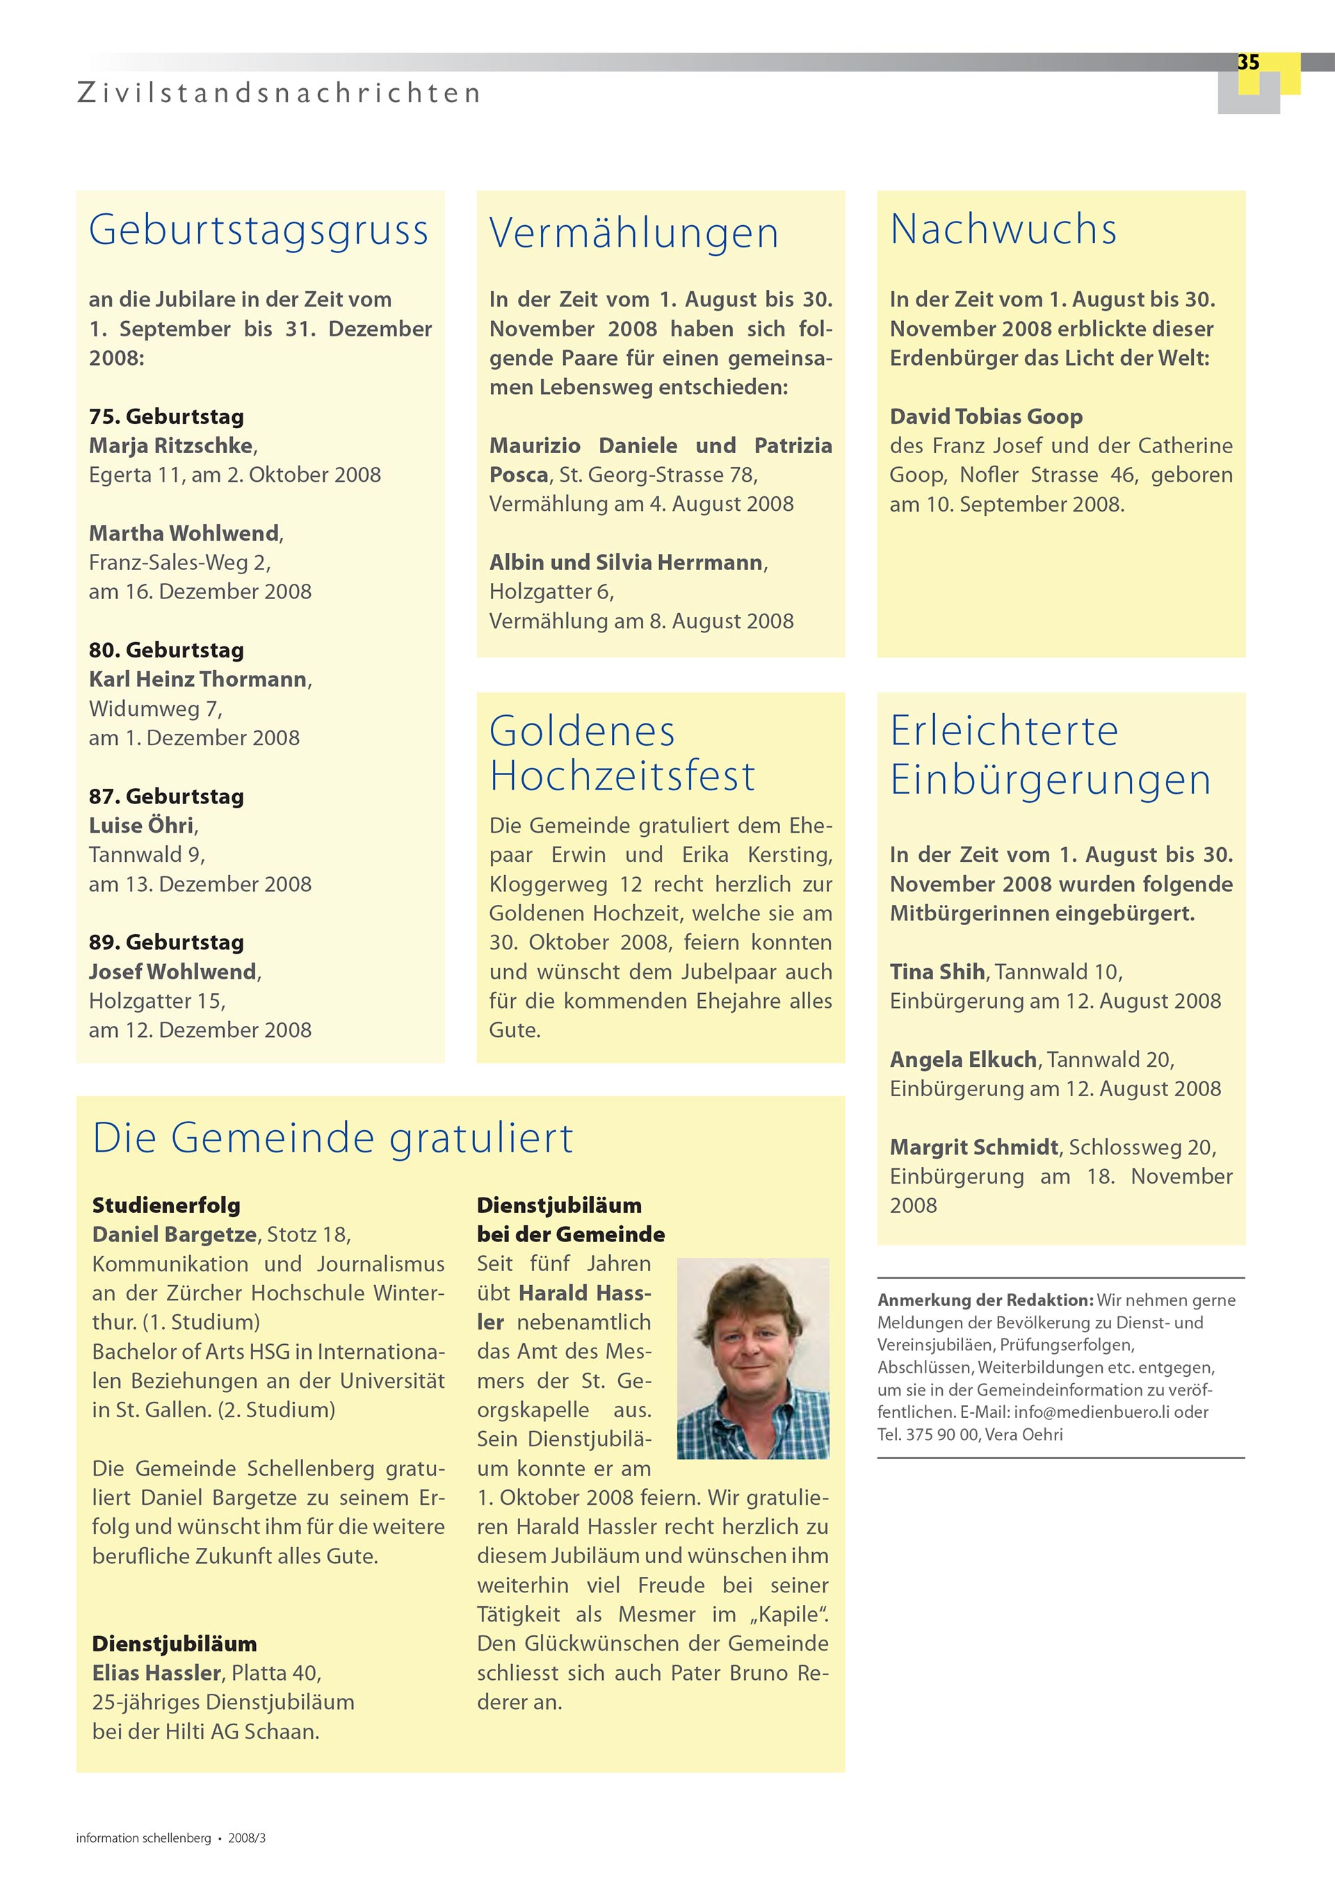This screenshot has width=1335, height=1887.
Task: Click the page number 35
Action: coord(1248,63)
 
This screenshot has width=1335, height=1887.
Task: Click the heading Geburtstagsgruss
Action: coord(258,229)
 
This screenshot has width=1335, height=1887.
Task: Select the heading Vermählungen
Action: coord(633,233)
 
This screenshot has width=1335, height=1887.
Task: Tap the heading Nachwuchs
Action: coord(1003,229)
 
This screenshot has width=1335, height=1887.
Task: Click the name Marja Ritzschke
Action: coord(171,446)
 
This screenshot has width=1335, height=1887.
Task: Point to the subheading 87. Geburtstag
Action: coord(166,796)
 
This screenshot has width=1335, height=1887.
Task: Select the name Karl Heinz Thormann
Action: coord(198,679)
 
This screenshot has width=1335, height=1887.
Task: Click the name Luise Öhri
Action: coord(141,825)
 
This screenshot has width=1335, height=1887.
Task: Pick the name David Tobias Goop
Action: coord(986,417)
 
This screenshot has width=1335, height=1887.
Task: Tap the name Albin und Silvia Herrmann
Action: coord(626,562)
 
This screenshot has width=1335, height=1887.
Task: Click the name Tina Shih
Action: coord(937,972)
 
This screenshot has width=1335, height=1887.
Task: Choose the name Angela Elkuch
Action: coord(962,1059)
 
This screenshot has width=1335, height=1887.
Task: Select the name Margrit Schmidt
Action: coord(974,1147)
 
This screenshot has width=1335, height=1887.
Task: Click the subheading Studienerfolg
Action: coord(166,1205)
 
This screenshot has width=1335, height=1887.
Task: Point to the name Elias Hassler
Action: coord(156,1672)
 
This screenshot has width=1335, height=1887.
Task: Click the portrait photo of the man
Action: coord(752,1357)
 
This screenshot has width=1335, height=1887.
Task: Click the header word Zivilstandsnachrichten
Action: coord(279,93)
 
